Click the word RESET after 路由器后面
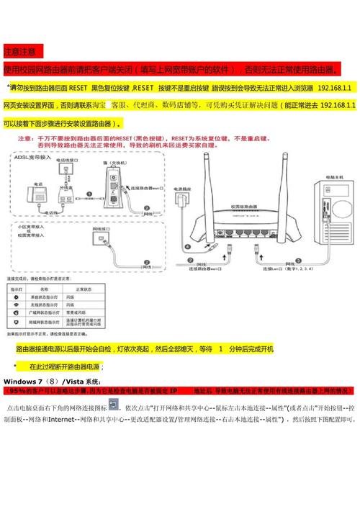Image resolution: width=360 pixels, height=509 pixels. point(78,87)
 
